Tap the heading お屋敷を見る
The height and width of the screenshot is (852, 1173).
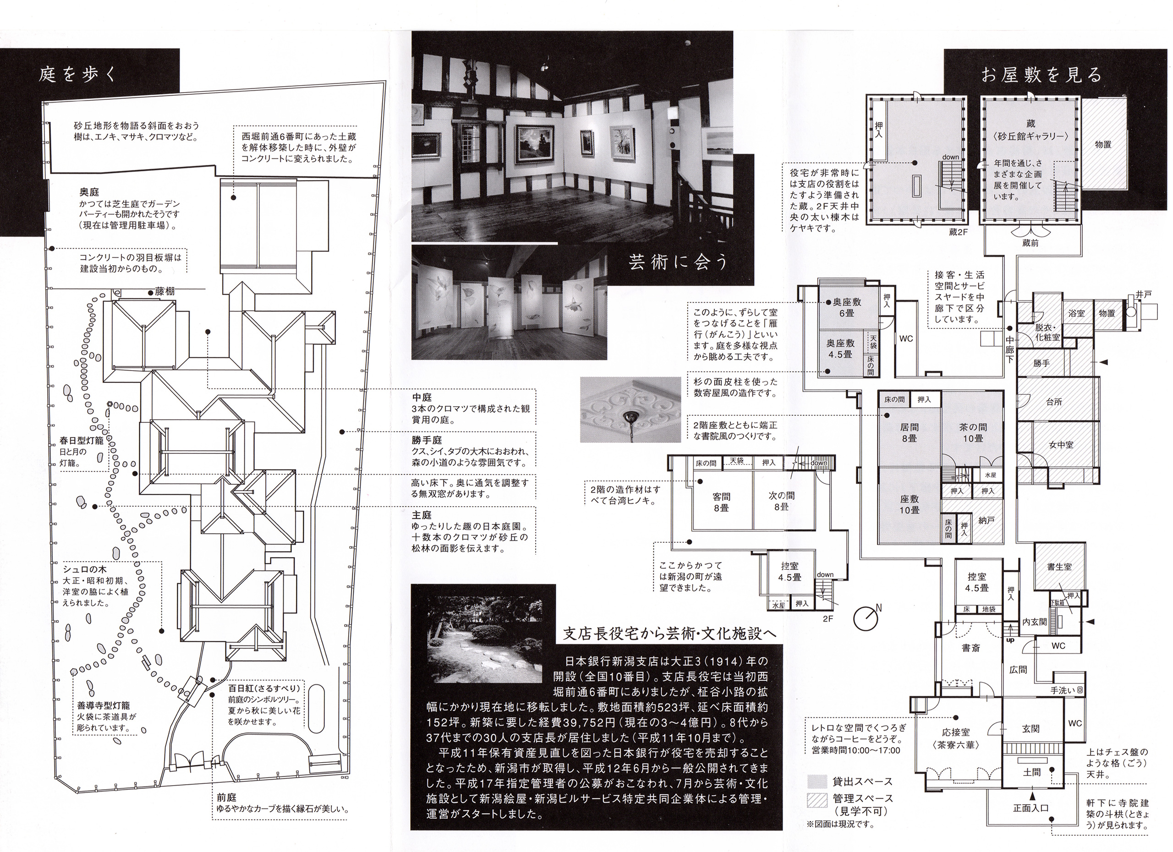coord(1041,75)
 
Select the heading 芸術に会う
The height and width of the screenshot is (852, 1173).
coord(678,262)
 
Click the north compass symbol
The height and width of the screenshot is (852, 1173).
coord(867,618)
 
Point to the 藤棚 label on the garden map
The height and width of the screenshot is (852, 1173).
coord(165,292)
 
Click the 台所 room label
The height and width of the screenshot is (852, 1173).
coord(1054,402)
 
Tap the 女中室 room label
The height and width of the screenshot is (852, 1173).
coord(1061,444)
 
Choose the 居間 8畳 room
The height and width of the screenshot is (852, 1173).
coord(909,433)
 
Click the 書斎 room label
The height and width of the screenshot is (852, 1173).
coord(971,648)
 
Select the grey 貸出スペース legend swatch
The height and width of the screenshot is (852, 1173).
coord(817,781)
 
